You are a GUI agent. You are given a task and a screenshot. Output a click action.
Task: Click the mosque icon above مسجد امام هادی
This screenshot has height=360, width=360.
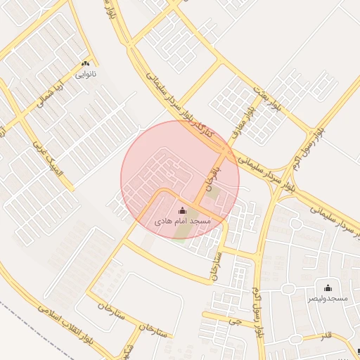pyautogui.click(x=183, y=210)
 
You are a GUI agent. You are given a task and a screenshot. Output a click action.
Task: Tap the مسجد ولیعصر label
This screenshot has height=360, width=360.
pyautogui.click(x=328, y=299)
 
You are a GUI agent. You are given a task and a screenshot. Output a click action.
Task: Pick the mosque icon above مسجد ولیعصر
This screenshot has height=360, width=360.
pyautogui.click(x=328, y=288)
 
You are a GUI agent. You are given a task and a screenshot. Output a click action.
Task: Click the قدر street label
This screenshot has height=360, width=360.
pyautogui.click(x=326, y=336)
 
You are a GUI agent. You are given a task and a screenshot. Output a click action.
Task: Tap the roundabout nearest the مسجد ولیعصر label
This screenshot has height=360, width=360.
pyautogui.click(x=288, y=289)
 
